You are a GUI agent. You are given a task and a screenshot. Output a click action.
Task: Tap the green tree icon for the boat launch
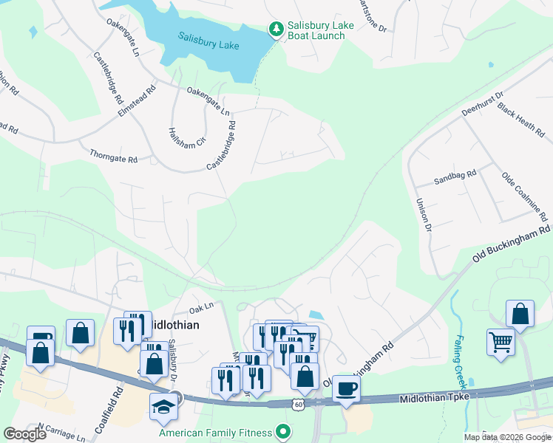coord(276,30)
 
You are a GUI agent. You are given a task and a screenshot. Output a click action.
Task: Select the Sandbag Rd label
coord(455,179)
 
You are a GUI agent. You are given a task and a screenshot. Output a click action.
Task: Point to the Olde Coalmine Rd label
coord(524,198)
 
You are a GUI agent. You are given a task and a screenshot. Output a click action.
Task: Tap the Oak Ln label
coord(200,307)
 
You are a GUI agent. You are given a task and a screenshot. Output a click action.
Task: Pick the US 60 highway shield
coord(298,404)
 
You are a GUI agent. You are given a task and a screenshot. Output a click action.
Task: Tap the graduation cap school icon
coord(163,407)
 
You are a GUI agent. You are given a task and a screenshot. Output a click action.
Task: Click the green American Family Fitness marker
coord(281,430)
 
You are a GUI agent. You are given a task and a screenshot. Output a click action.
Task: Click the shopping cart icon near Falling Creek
coord(501,342)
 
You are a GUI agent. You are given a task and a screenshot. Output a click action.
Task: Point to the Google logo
coord(24,434)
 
